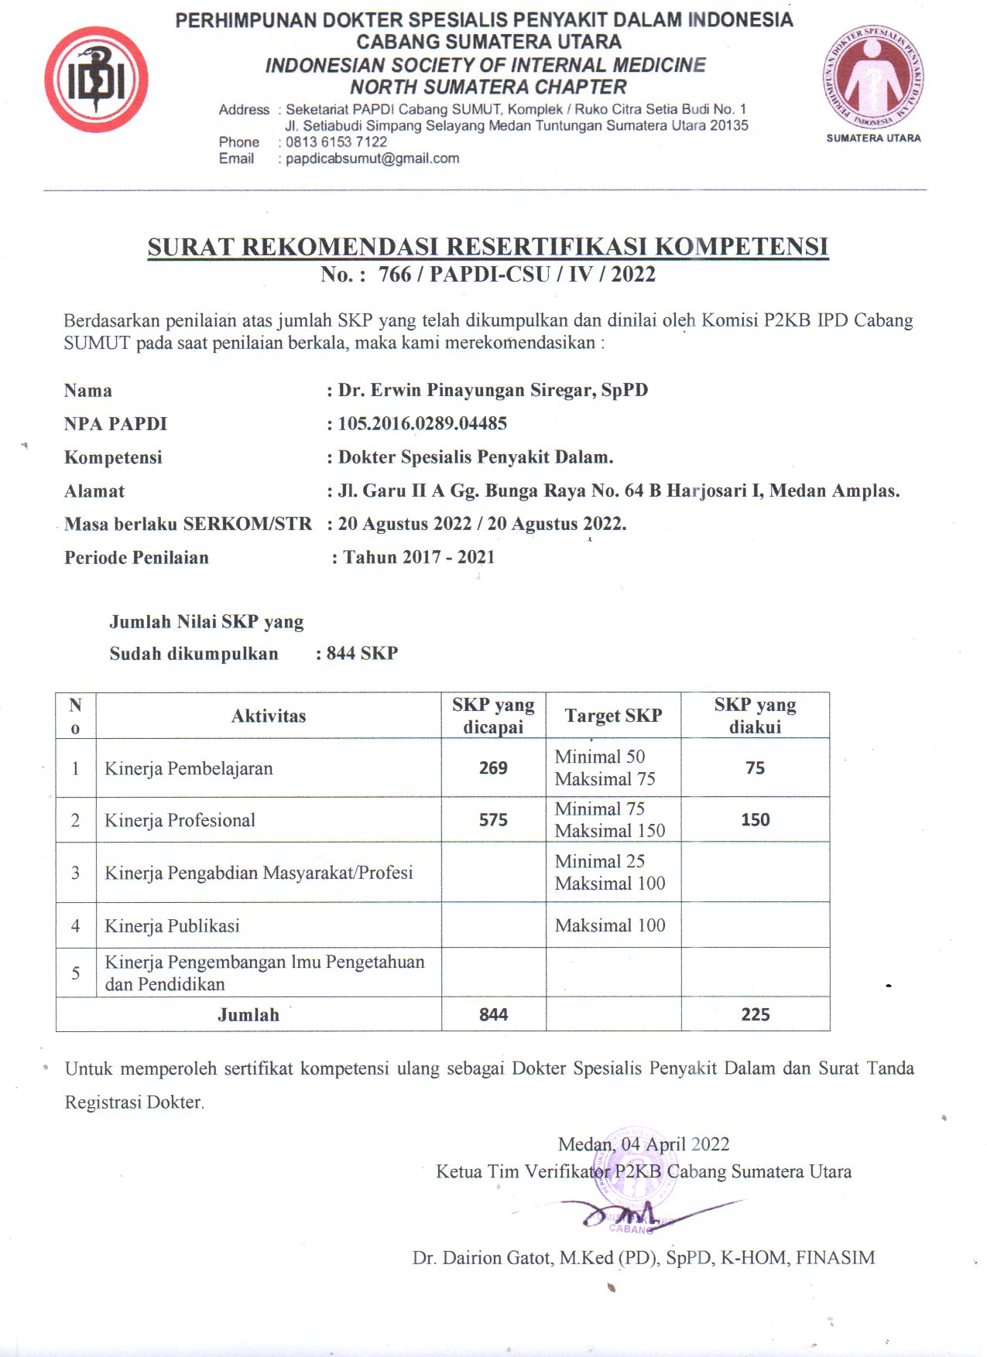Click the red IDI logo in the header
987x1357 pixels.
coord(96,80)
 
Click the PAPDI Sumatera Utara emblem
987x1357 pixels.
coord(873,77)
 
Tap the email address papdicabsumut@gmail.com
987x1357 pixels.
coord(372,159)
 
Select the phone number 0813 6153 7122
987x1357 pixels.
coord(336,142)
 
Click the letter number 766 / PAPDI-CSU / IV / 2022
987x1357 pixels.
coord(516,275)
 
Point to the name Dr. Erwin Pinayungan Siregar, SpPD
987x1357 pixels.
coord(492,390)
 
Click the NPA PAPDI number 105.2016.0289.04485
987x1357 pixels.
coord(422,424)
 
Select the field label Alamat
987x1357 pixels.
coord(94,491)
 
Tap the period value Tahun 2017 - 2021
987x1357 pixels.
coord(418,557)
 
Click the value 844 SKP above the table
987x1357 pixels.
coord(362,654)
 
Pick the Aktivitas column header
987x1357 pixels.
coord(269,716)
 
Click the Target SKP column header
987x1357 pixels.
coord(613,716)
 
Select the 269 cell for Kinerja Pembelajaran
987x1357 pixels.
coord(493,768)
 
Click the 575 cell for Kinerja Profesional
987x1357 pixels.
coord(493,820)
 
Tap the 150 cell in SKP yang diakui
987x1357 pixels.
coord(755,820)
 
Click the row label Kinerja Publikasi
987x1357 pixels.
coord(172,926)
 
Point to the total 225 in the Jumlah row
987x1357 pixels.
coord(755,1015)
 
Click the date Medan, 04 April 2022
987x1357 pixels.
coord(643,1144)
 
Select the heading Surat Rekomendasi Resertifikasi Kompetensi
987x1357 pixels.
coord(488,247)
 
